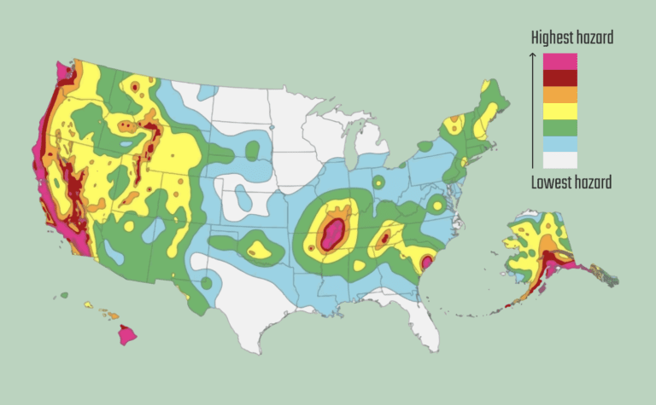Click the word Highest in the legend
(551, 38)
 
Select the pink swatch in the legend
(559, 61)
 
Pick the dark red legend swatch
(559, 77)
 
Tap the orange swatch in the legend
(559, 94)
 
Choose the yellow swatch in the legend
(559, 110)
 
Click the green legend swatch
(559, 127)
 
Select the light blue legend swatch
(559, 143)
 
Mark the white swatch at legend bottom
(559, 159)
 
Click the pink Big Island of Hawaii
(127, 333)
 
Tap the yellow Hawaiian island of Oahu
(87, 304)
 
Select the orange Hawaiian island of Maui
(110, 314)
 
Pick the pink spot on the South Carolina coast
(426, 263)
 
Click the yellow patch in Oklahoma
(257, 250)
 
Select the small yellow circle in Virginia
(436, 205)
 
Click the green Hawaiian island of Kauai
(64, 295)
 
